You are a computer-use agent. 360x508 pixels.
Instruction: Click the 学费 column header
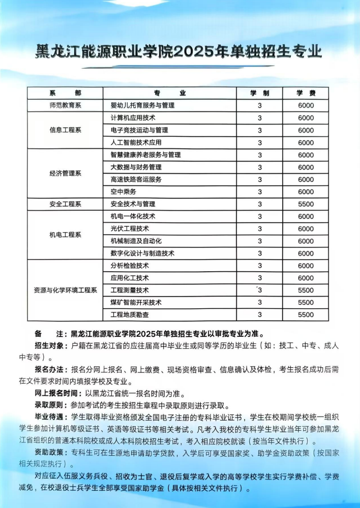(306, 93)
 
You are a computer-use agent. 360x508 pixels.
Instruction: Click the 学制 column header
(259, 93)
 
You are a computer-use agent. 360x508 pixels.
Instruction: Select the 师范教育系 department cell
(65, 106)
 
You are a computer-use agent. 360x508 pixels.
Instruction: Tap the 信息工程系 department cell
(65, 130)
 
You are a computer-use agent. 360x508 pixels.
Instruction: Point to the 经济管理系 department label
(65, 173)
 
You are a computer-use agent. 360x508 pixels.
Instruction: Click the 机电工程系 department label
(65, 235)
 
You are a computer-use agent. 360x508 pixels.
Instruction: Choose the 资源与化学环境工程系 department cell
(65, 290)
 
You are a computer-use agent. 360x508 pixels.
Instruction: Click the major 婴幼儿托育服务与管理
(142, 106)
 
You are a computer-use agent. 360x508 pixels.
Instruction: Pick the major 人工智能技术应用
(136, 143)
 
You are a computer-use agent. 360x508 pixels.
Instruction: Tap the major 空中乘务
(123, 192)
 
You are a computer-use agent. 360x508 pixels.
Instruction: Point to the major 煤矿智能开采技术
(136, 302)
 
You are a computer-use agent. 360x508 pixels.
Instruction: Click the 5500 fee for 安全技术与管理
(306, 204)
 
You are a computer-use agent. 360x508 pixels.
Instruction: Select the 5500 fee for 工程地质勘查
(306, 315)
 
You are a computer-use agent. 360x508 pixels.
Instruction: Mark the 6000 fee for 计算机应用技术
(306, 118)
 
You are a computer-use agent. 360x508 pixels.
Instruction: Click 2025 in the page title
(196, 51)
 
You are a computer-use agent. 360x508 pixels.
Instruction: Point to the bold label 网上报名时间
(56, 394)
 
